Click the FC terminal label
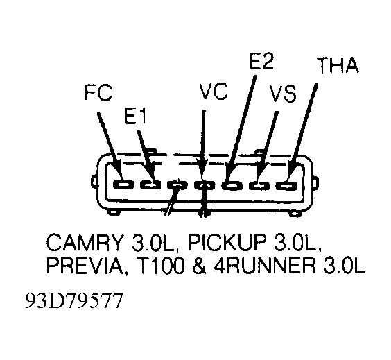pyautogui.click(x=98, y=93)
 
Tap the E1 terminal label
pyautogui.click(x=135, y=116)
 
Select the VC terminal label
pyautogui.click(x=214, y=92)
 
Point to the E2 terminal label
pyautogui.click(x=261, y=61)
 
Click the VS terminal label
pyautogui.click(x=284, y=94)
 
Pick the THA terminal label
pyautogui.click(x=338, y=65)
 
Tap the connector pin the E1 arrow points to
pyautogui.click(x=150, y=185)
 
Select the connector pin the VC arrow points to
pyautogui.click(x=205, y=185)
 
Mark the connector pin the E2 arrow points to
pyautogui.click(x=232, y=185)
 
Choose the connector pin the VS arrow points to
pyautogui.click(x=259, y=186)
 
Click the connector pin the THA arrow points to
pyautogui.click(x=286, y=186)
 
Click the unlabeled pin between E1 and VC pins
pyautogui.click(x=177, y=185)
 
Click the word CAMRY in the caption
pyautogui.click(x=85, y=242)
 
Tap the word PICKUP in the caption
pyautogui.click(x=228, y=242)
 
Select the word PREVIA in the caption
pyautogui.click(x=85, y=266)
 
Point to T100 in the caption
pyautogui.click(x=161, y=266)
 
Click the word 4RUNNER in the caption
pyautogui.click(x=266, y=266)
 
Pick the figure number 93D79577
pyautogui.click(x=74, y=300)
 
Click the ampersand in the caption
pyautogui.click(x=200, y=266)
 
